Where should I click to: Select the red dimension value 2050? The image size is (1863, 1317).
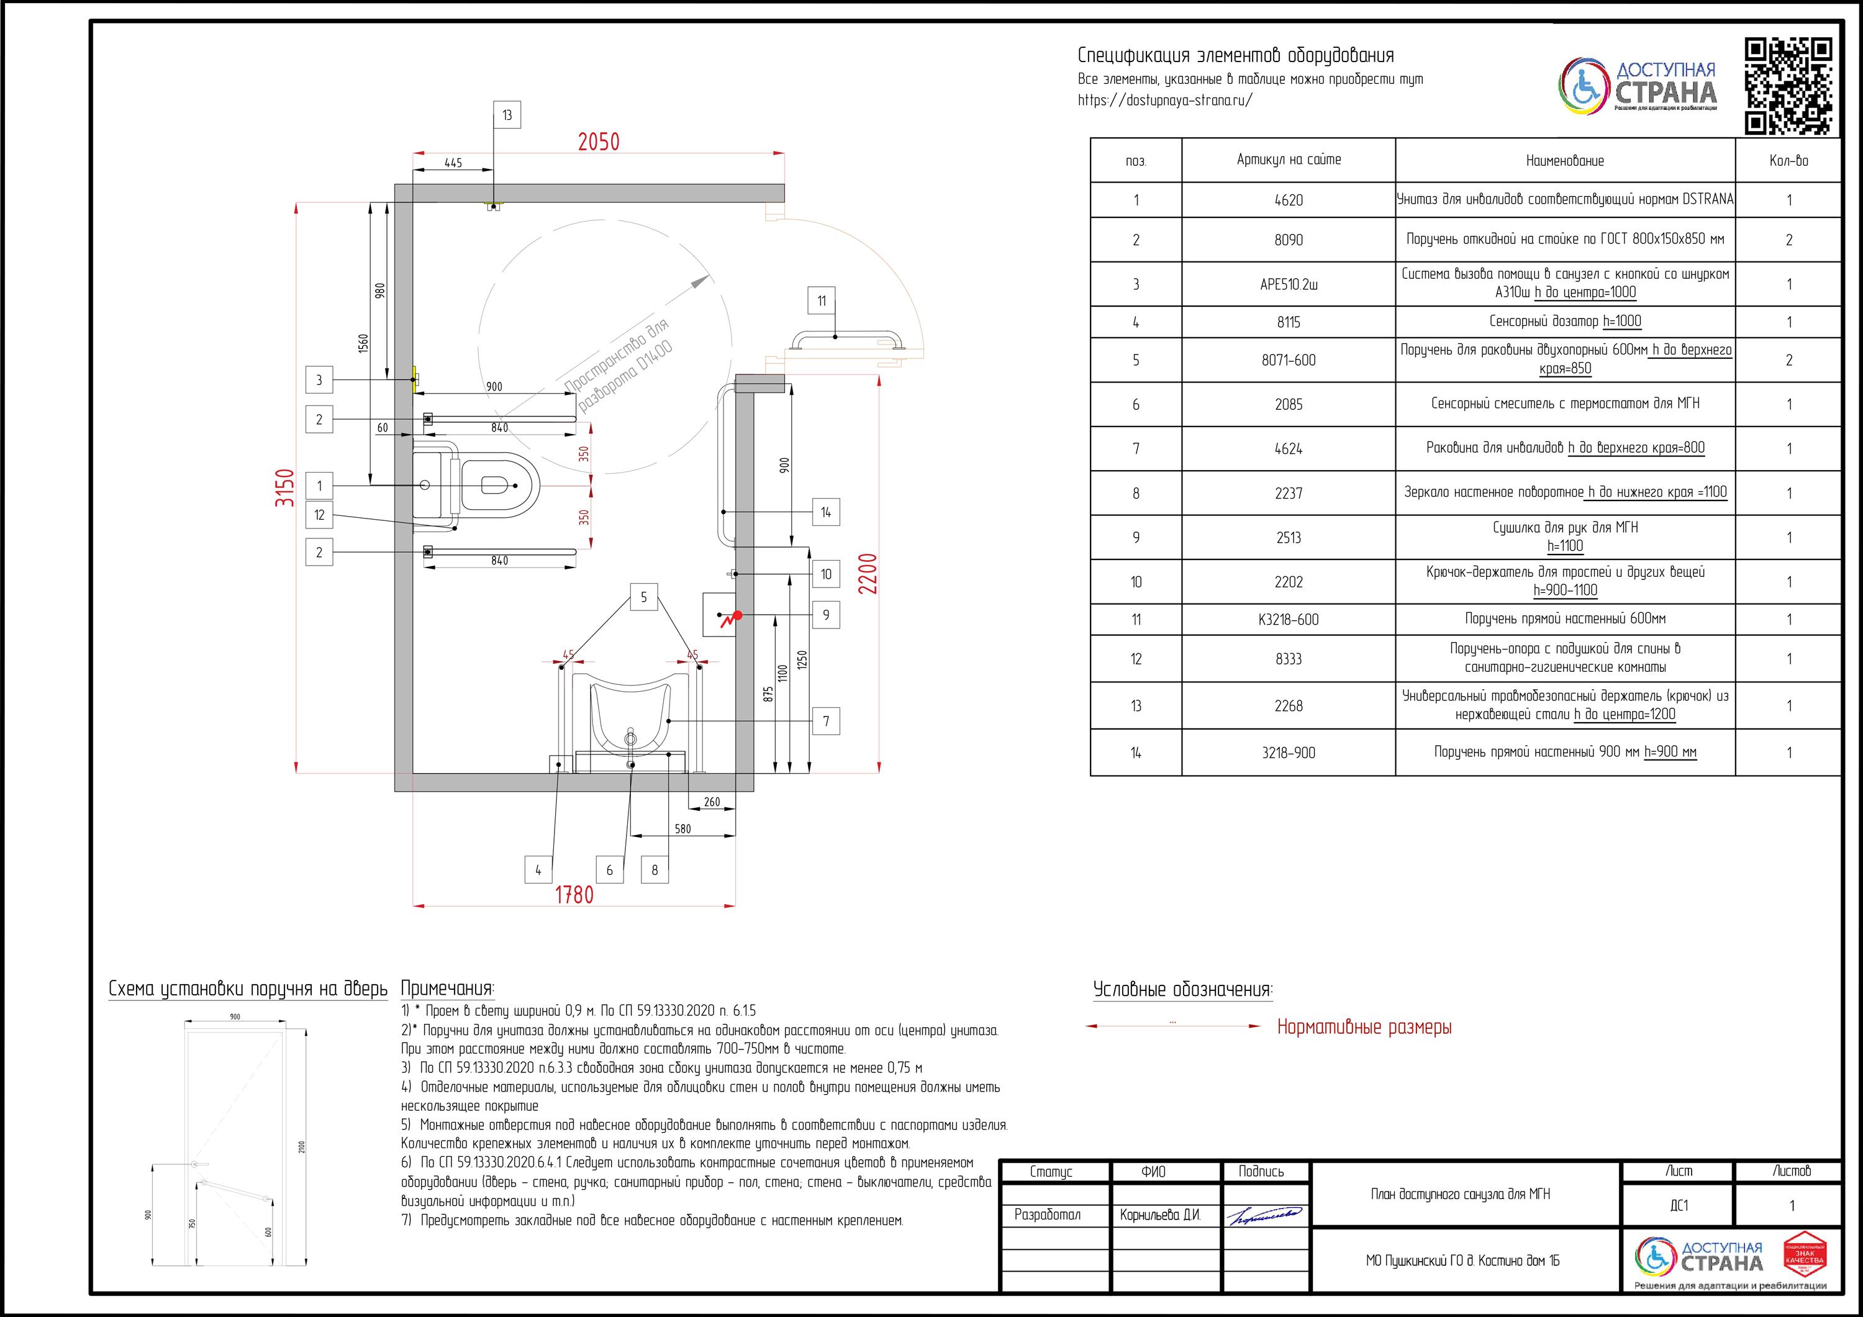(598, 142)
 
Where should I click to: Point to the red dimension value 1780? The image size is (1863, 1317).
(574, 894)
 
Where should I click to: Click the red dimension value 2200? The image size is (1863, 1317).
(868, 574)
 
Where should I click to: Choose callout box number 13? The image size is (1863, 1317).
(507, 115)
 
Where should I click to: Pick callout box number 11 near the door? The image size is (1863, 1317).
(821, 301)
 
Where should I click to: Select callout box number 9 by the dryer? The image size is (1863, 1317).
(826, 615)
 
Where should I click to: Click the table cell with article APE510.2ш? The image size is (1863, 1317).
(1289, 284)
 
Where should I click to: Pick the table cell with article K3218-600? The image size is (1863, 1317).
(1289, 620)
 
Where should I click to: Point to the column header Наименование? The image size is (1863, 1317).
(1564, 161)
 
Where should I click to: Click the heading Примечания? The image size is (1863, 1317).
(447, 989)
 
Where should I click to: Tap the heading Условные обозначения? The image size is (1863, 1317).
(1182, 989)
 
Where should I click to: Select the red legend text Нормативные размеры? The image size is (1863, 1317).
(1364, 1027)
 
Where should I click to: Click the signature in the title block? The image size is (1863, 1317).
(1265, 1215)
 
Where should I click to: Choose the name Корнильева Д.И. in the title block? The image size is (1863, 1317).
(1159, 1215)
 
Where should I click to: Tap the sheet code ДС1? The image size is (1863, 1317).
(1679, 1206)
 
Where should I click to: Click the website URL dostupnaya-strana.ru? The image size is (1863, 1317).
(1165, 101)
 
